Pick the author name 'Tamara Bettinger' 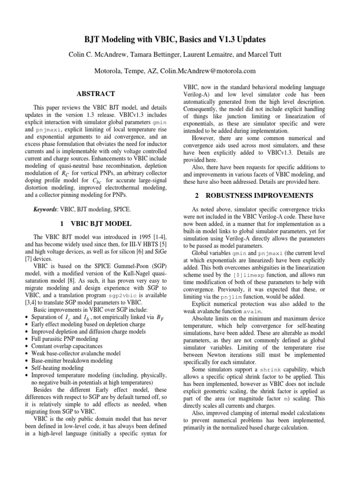pyautogui.click(x=156, y=55)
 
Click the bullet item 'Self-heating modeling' pyautogui.click(x=58, y=368)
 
